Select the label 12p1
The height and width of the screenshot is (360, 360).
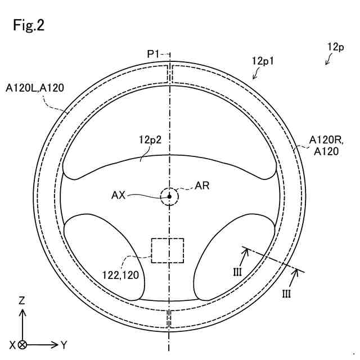tap(263, 61)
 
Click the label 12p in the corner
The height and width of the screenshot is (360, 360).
tap(336, 47)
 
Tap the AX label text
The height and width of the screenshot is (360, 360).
tap(119, 195)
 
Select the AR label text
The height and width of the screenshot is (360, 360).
tap(201, 186)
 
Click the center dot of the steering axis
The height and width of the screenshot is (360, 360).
tap(169, 196)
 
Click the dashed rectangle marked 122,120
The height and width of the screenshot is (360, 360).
tap(168, 250)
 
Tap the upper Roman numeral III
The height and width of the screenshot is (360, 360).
tap(237, 271)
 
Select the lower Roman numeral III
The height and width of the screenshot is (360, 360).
tap(286, 292)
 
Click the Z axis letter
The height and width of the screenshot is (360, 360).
tap(22, 301)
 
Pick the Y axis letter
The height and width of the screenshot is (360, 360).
tap(64, 344)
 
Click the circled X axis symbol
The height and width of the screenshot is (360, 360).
tap(22, 344)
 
